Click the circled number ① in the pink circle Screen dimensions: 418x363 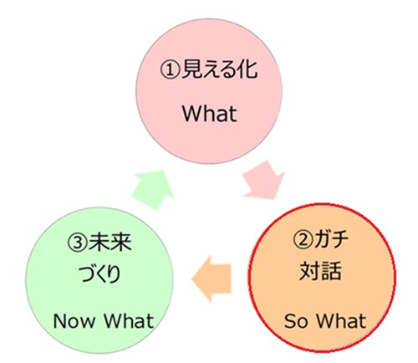coord(170,70)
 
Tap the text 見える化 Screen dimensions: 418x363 coord(220,69)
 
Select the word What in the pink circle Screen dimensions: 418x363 coord(210,114)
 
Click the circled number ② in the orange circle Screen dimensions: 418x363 coord(303,240)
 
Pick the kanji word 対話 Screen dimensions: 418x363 coord(321,270)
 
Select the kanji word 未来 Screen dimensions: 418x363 coord(110,242)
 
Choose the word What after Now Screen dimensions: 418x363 coord(129,320)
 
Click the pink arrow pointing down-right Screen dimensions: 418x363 coord(264,180)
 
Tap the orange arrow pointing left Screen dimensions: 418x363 coord(212,279)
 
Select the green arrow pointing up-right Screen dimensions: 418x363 coord(153,190)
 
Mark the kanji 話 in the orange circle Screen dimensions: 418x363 coord(332,270)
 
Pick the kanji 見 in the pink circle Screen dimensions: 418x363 coord(191,69)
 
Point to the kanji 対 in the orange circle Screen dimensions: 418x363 coord(310,270)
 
